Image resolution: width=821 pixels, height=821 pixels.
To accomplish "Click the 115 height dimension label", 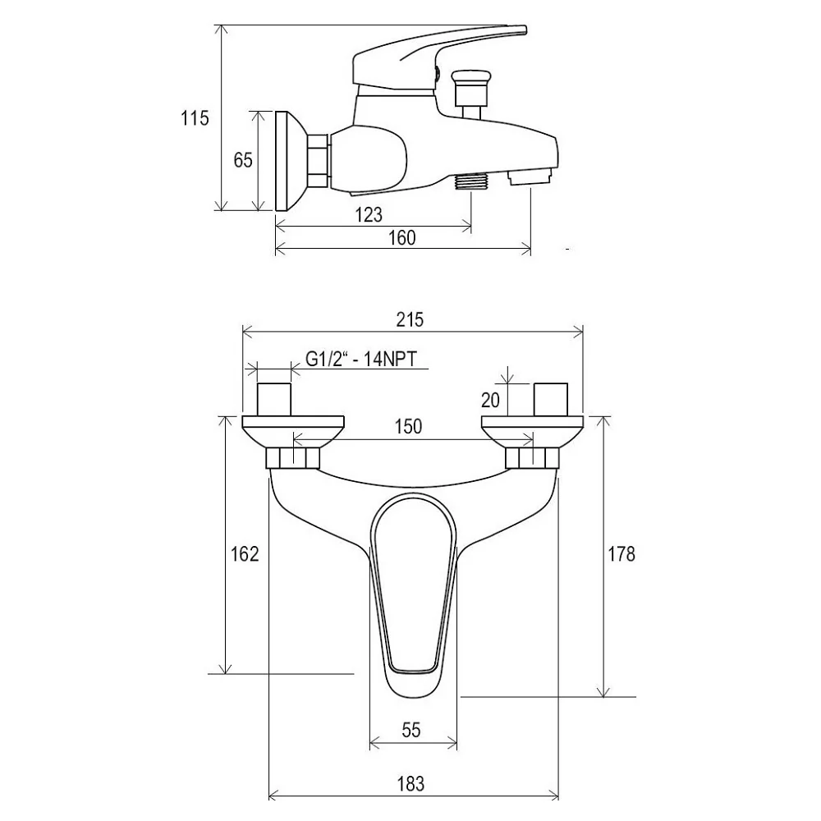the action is [x=195, y=118].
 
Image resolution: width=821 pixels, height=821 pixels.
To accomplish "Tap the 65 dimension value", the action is [x=243, y=160].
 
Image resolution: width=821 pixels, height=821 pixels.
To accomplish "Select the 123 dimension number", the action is [x=369, y=214].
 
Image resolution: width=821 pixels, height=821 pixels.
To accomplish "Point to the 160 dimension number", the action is [x=402, y=238].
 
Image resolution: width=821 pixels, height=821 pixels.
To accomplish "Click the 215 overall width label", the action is [x=410, y=319].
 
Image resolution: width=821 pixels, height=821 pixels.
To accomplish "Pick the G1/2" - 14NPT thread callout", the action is [x=361, y=360].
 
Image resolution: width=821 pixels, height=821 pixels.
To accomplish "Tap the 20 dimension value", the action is [x=491, y=400].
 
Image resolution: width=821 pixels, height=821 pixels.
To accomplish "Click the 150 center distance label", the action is [x=408, y=426].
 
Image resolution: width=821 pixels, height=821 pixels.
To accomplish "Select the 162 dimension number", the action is [x=245, y=553].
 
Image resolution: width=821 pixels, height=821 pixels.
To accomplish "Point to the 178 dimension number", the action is [x=621, y=553].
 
